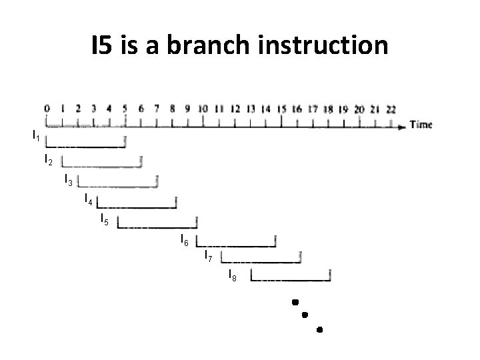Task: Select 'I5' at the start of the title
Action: point(106,45)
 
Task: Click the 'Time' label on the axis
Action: point(421,125)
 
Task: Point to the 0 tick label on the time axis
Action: point(47,108)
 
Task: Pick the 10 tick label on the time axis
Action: point(203,109)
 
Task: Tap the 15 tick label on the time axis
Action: point(282,109)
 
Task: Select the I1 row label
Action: point(37,137)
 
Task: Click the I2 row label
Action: point(48,160)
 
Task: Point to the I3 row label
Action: point(68,179)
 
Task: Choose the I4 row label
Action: point(88,198)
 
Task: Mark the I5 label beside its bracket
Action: point(104,219)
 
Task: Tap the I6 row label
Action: point(185,239)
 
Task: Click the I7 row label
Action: point(208,257)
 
